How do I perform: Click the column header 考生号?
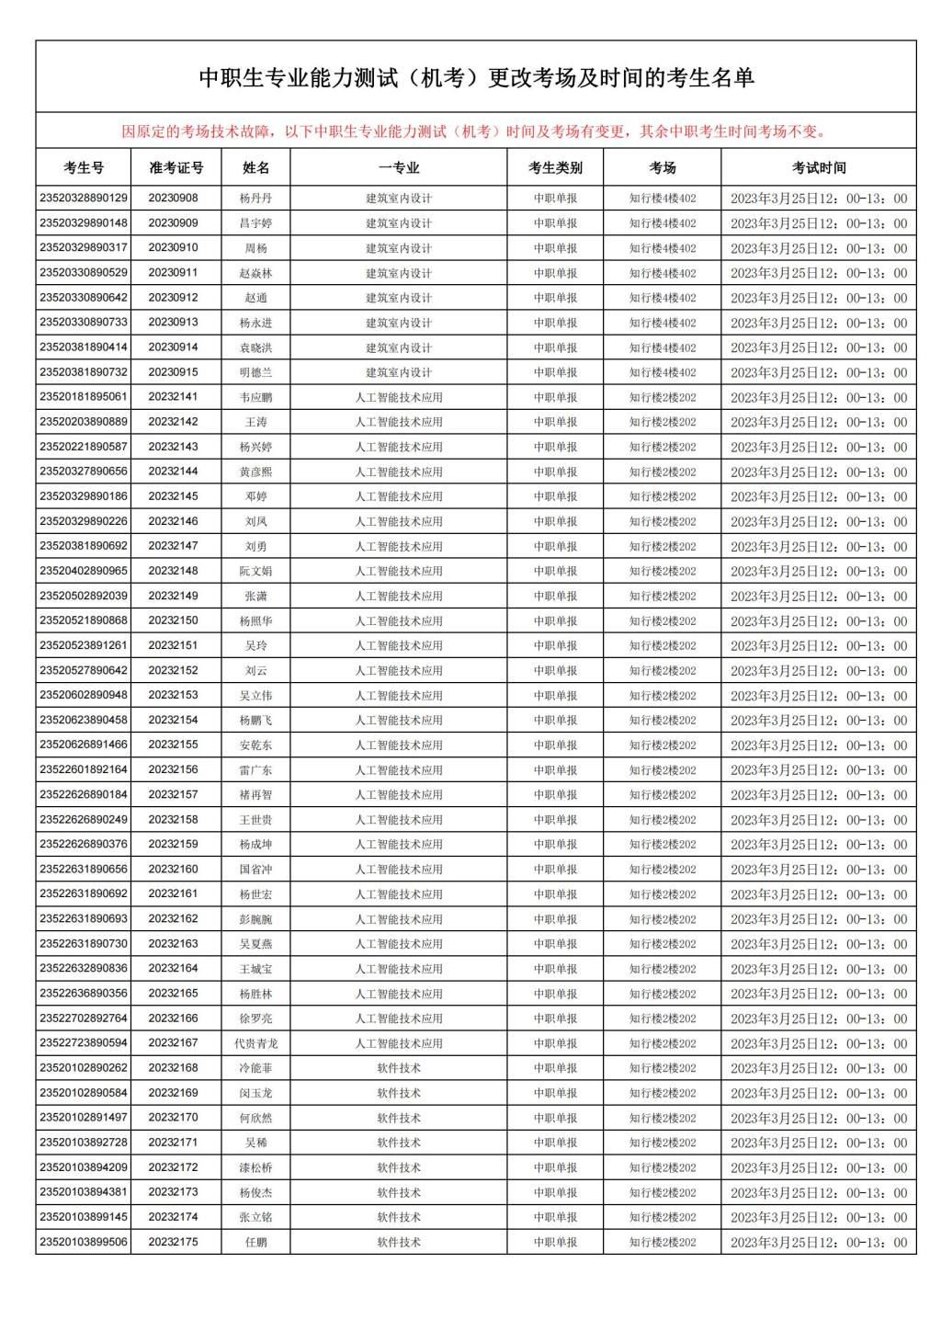tap(84, 167)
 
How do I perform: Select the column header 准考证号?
tap(176, 167)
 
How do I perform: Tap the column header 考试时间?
tap(818, 167)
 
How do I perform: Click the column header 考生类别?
tap(555, 167)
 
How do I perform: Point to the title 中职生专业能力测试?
tap(476, 78)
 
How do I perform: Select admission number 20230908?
tap(173, 198)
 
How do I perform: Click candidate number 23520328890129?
tap(84, 198)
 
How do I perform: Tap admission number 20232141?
tap(173, 397)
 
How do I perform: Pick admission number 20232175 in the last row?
tap(173, 1242)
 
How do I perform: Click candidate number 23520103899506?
tap(84, 1242)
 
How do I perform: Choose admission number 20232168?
tap(173, 1068)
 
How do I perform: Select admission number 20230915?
tap(173, 372)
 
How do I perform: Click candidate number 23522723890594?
tap(84, 1043)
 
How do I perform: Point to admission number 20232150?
tap(173, 620)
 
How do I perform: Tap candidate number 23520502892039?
tap(84, 596)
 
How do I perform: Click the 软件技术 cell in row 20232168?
tap(399, 1068)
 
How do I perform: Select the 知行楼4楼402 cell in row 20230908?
tap(663, 198)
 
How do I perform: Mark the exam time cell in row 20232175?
tap(818, 1242)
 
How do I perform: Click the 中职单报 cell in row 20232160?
tap(555, 869)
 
